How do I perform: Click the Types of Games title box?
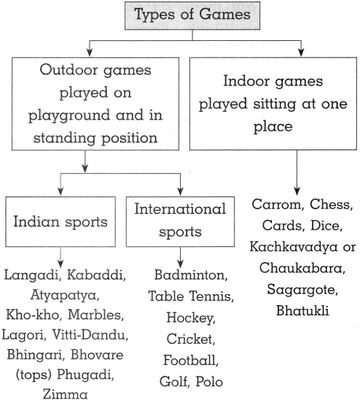193,16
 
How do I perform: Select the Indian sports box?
61,222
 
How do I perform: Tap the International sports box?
180,222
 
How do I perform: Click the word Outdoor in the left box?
68,70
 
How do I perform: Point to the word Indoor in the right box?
246,81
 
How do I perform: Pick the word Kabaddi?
97,274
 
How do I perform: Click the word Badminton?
191,275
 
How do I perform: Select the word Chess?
332,204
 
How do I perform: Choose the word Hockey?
191,318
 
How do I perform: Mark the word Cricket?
191,339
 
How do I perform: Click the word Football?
191,360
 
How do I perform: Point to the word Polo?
209,381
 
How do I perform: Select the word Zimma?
65,394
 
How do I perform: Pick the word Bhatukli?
303,311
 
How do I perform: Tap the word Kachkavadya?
293,247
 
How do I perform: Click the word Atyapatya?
64,296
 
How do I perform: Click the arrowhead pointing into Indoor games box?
301,52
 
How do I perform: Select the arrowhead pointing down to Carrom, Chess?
297,191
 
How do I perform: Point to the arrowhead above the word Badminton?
180,264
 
